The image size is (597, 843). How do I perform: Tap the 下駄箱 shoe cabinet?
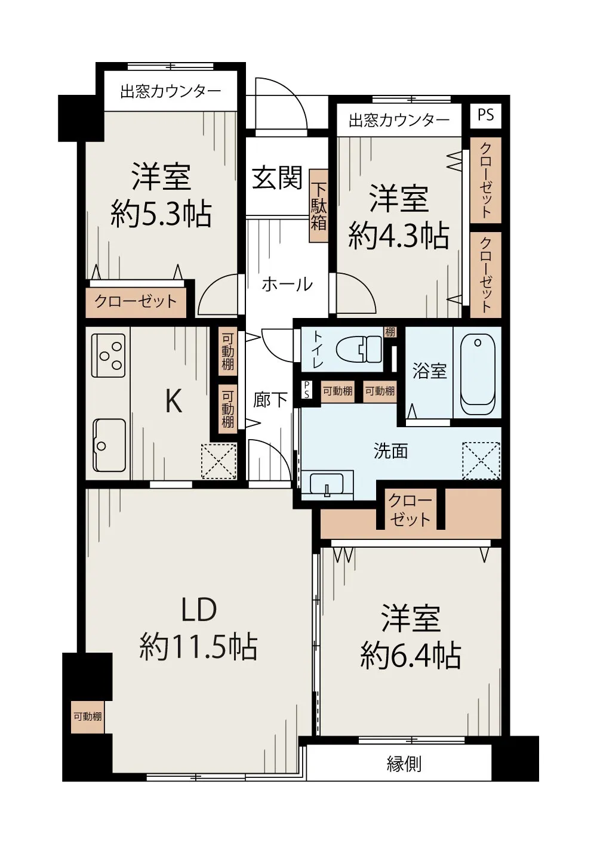tap(318, 206)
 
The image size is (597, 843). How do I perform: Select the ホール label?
tap(287, 284)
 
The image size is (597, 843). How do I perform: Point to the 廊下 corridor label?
tap(271, 400)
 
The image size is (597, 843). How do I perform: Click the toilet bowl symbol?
tap(358, 348)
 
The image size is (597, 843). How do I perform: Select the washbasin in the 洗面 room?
tap(327, 484)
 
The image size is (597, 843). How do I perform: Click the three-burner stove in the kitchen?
tap(108, 356)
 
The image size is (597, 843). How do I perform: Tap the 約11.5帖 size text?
tap(199, 647)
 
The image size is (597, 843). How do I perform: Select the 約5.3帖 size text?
tap(161, 214)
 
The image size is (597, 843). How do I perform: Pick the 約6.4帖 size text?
tap(411, 655)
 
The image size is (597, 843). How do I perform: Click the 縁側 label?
tap(404, 764)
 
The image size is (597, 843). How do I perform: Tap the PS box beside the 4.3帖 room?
tap(485, 115)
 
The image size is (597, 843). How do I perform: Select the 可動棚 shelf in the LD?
tap(87, 716)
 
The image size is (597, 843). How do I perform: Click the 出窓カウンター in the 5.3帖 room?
tap(170, 91)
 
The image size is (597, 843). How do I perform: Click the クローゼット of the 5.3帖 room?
tap(136, 301)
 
